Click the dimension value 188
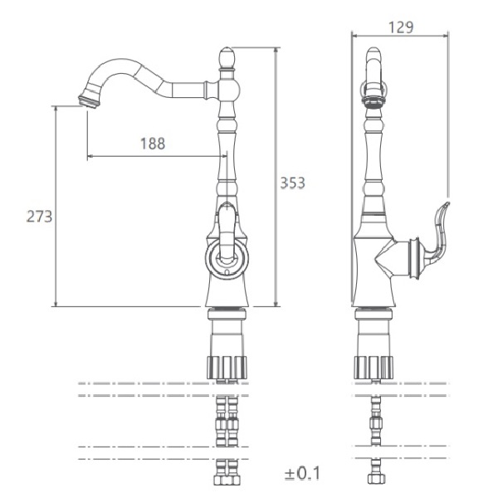click(153, 144)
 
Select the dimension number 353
click(292, 183)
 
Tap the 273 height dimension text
click(39, 217)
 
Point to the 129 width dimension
click(401, 27)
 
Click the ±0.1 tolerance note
click(303, 474)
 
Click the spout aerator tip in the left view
click(89, 100)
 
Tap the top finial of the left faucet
click(227, 57)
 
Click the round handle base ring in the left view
click(227, 258)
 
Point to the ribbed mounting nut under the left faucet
click(227, 368)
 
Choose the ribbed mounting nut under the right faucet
click(373, 368)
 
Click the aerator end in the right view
click(373, 102)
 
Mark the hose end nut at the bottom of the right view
click(377, 479)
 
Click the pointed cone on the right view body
click(386, 258)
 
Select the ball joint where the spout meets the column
click(228, 90)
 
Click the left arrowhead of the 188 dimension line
click(90, 156)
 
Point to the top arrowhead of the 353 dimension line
click(276, 50)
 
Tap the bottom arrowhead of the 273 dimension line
click(56, 304)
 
